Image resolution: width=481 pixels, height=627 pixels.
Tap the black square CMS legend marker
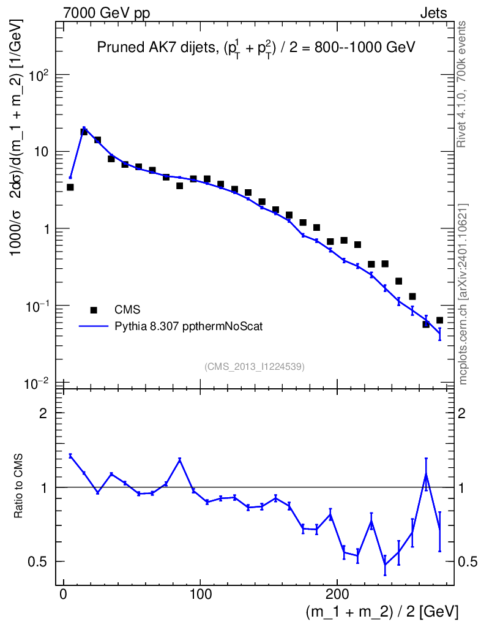pyautogui.click(x=94, y=310)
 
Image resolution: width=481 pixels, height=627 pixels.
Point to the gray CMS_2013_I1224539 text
pyautogui.click(x=255, y=366)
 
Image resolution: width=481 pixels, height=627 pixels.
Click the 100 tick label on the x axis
pyautogui.click(x=200, y=595)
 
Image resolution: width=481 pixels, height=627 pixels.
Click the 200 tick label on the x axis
pyautogui.click(x=337, y=595)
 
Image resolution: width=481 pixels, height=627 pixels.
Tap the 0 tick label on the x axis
pyautogui.click(x=63, y=595)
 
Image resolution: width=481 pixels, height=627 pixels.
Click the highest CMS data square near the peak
pyautogui.click(x=84, y=132)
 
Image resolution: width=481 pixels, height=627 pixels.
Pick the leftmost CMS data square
pyautogui.click(x=70, y=187)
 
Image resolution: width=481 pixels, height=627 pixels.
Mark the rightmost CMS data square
pyautogui.click(x=439, y=320)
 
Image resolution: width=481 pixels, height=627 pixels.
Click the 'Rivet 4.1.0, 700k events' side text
pyautogui.click(x=463, y=84)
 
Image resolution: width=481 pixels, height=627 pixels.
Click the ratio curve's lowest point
pyautogui.click(x=385, y=565)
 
